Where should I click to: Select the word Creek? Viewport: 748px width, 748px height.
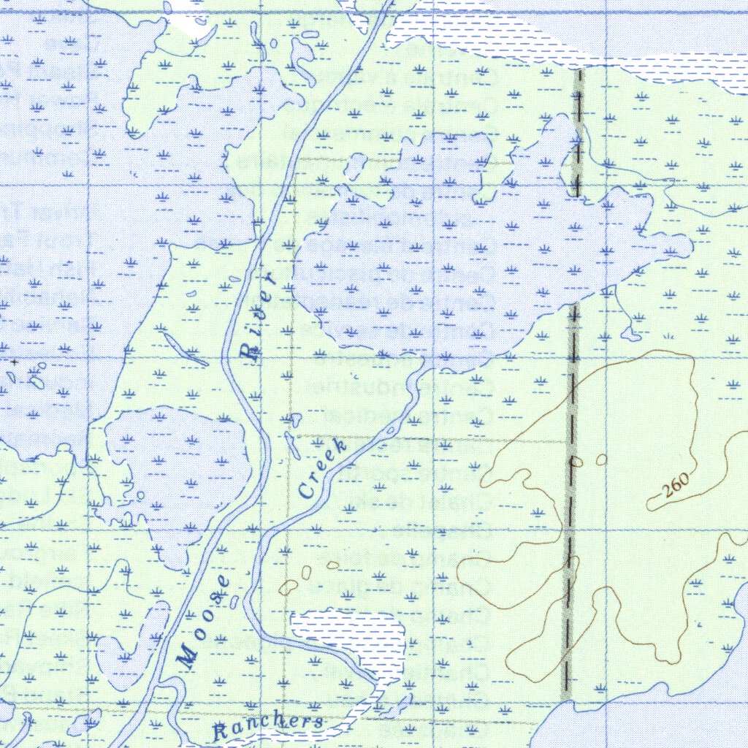322,469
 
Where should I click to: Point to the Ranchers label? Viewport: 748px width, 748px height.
267,726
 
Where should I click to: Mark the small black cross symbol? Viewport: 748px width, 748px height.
14,362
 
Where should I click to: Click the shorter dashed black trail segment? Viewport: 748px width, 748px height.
579,131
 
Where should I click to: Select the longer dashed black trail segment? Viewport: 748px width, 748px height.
570,497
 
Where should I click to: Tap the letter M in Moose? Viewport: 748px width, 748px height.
187,657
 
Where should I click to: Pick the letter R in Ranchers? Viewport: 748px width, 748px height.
220,730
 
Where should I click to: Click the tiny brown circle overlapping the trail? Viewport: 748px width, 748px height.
576,462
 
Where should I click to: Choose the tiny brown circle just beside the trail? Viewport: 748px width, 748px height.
601,459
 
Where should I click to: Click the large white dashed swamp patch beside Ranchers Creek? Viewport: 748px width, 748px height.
351,636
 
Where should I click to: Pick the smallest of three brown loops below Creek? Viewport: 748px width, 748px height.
333,565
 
